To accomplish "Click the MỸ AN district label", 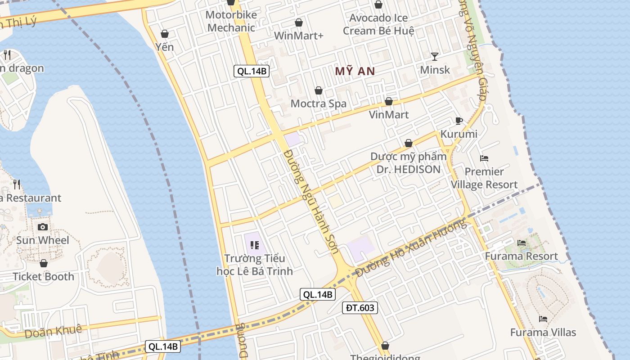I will click(355, 71).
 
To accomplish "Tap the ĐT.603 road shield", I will click(360, 308).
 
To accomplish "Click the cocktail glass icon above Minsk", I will click(435, 57).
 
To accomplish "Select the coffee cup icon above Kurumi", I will click(459, 121).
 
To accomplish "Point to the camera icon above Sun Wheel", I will click(43, 227).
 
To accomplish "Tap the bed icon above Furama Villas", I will click(543, 319).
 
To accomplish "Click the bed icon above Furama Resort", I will click(522, 243).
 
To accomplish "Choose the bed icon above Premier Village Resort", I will click(484, 158).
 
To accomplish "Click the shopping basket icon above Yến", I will click(165, 34).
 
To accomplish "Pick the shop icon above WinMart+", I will click(299, 22).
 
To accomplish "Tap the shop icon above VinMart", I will click(389, 102).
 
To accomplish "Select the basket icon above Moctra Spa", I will click(319, 91).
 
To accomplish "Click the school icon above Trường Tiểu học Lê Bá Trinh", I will click(254, 246).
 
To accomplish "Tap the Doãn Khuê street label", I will click(54, 331).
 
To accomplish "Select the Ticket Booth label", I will click(44, 276).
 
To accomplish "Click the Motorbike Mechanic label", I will click(231, 21).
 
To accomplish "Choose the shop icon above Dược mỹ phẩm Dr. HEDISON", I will click(409, 144).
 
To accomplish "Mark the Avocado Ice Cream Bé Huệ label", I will click(378, 24).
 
